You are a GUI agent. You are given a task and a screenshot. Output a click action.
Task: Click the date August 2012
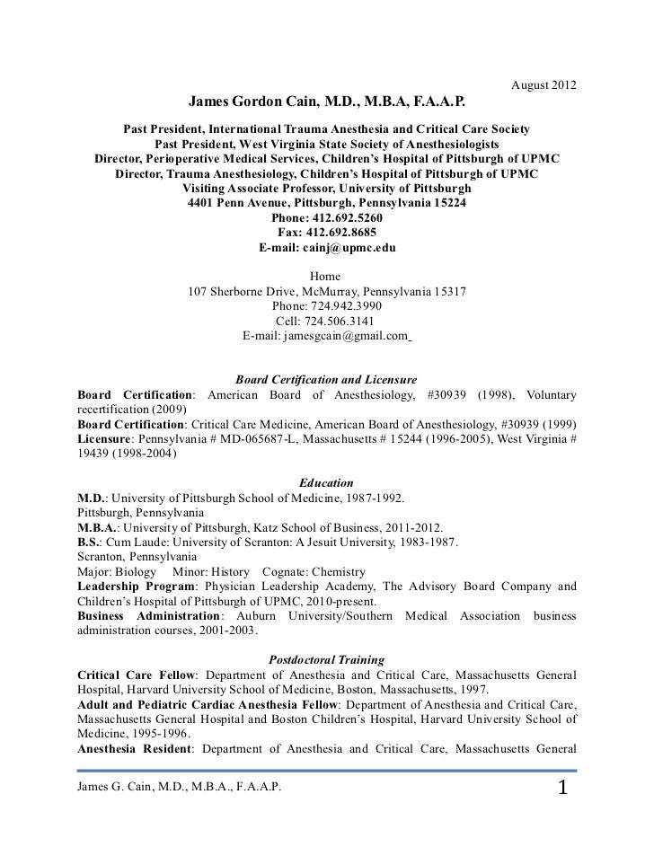543,85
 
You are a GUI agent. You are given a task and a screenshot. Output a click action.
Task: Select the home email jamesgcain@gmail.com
345,336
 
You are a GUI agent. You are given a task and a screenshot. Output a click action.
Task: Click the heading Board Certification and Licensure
324,379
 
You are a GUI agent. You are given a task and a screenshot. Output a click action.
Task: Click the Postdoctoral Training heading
327,659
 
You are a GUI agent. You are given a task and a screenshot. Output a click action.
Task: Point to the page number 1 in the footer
563,789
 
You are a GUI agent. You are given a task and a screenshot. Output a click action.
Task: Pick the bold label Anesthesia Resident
133,747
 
